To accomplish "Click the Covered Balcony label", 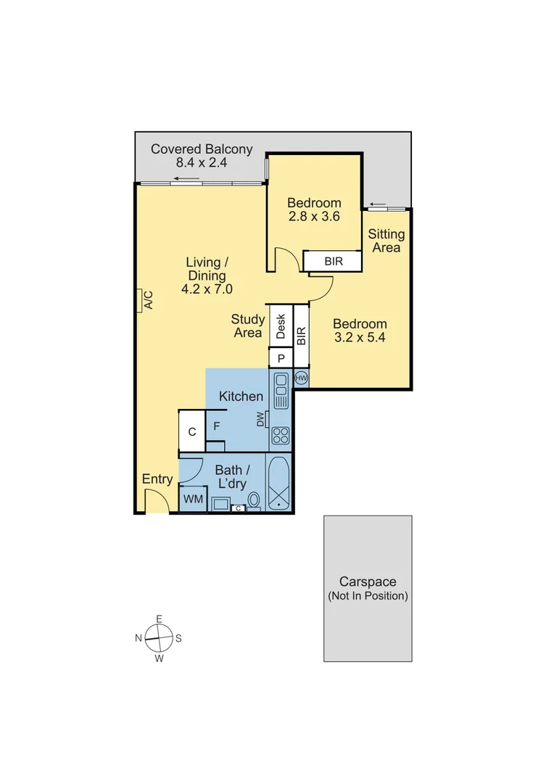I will click(x=202, y=149).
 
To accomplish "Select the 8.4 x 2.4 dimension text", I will click(x=202, y=163).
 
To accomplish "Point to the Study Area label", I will click(x=247, y=326).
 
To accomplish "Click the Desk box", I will click(x=281, y=326).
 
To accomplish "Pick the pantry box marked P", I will click(x=281, y=358).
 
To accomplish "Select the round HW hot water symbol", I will click(x=302, y=378).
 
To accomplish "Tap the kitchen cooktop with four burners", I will click(x=281, y=436).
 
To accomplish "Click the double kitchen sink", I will click(x=281, y=389).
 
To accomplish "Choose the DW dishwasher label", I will click(x=261, y=419).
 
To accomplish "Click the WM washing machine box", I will click(x=193, y=499).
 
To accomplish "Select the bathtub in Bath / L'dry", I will click(x=279, y=484).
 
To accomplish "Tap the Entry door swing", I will click(x=155, y=501).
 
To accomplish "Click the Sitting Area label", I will click(x=386, y=241).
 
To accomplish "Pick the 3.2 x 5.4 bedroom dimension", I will click(x=360, y=338).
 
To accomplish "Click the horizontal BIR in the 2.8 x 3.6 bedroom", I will click(x=332, y=261).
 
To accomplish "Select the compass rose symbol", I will click(x=159, y=639).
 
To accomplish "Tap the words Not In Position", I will click(x=368, y=596).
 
